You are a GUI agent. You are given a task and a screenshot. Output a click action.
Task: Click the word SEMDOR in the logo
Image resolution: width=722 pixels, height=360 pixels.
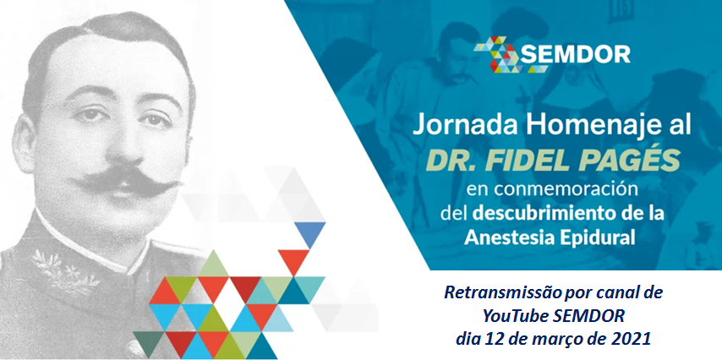click(x=575, y=54)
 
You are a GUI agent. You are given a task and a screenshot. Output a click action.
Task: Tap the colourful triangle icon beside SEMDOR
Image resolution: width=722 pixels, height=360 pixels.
click(x=500, y=54)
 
